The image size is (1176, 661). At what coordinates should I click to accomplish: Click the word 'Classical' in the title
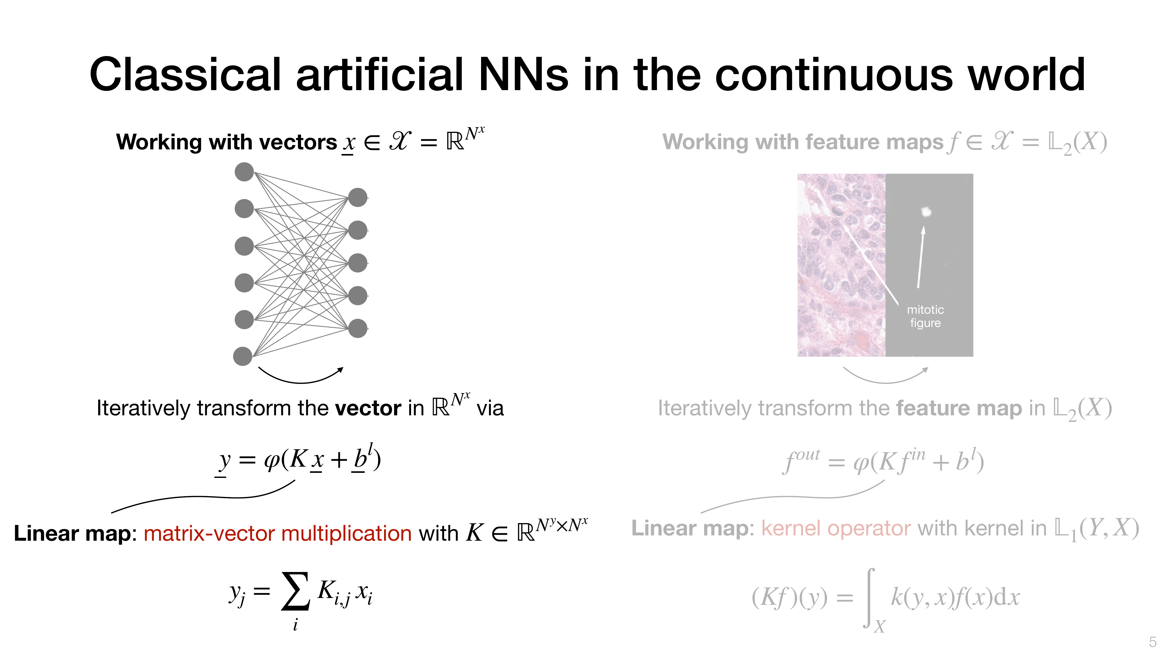point(185,74)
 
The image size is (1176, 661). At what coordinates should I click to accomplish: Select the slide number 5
point(1152,642)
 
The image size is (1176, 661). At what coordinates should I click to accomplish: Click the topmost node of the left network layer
point(244,172)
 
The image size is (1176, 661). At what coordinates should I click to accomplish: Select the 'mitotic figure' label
point(925,316)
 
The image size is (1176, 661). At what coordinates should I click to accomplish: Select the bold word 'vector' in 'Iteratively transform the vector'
point(368,408)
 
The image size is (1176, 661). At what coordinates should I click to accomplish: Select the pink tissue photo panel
point(841,265)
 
